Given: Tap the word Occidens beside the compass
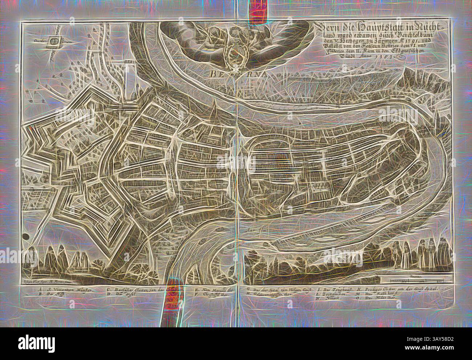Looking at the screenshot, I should click(41, 41).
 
